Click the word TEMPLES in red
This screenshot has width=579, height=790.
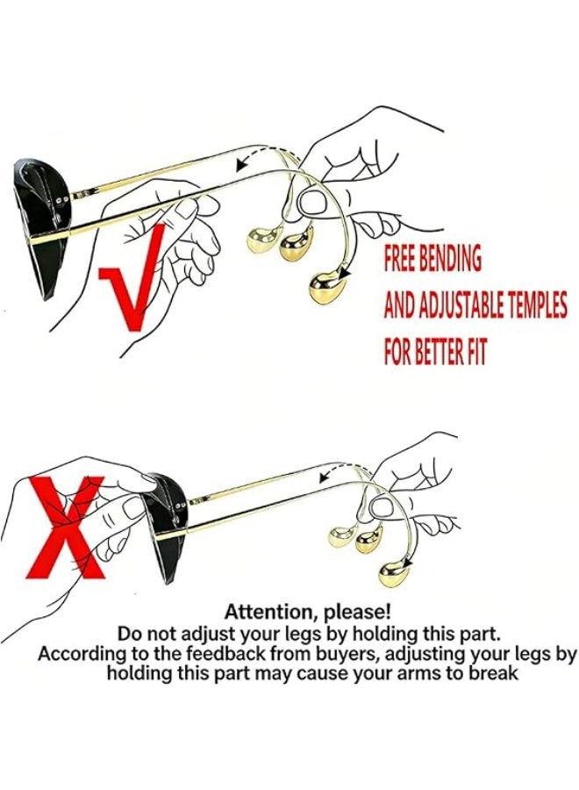(x=537, y=305)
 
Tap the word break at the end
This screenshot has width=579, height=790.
(x=493, y=672)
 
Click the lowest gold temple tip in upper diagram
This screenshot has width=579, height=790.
(x=324, y=290)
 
